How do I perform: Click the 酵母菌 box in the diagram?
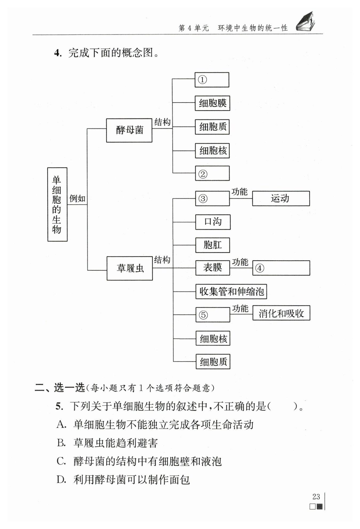[129, 130]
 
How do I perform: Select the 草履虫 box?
[130, 268]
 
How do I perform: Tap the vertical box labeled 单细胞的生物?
[57, 204]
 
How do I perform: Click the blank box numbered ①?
[212, 80]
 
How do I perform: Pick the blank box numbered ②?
[212, 173]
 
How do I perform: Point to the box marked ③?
[212, 198]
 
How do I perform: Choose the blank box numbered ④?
[281, 268]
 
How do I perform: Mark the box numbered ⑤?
[213, 315]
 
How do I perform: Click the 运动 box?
[281, 198]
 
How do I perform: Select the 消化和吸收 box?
[281, 313]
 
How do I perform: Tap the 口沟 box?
[213, 222]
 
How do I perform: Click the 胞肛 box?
[213, 245]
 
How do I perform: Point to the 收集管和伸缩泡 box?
[231, 291]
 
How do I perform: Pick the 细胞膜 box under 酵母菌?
[212, 103]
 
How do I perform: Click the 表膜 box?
[213, 268]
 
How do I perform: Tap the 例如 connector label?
[77, 198]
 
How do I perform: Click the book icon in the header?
[306, 22]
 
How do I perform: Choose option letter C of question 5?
[61, 461]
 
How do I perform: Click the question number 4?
[58, 53]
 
